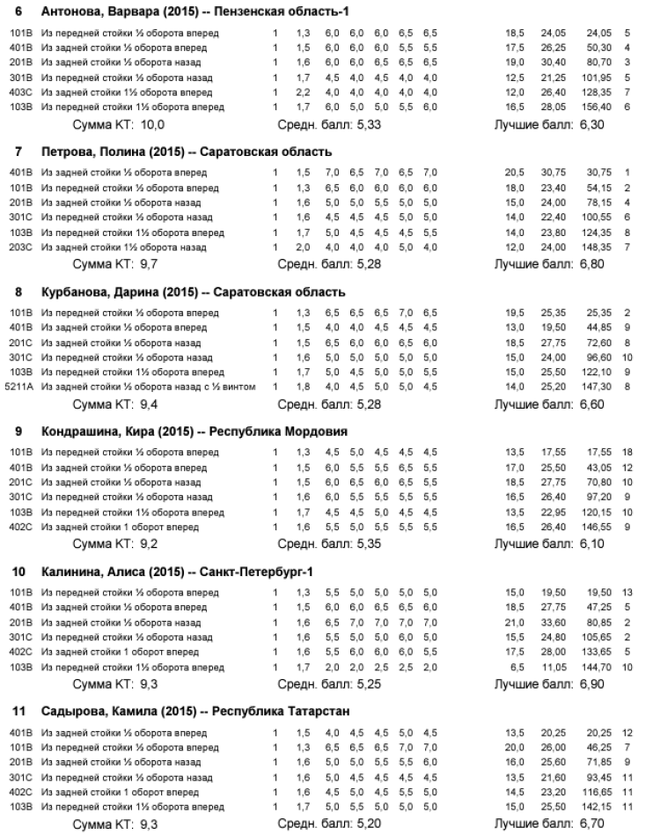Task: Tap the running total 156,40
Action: [599, 107]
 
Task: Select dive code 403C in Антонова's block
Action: [18, 92]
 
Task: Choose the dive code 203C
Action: [18, 248]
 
